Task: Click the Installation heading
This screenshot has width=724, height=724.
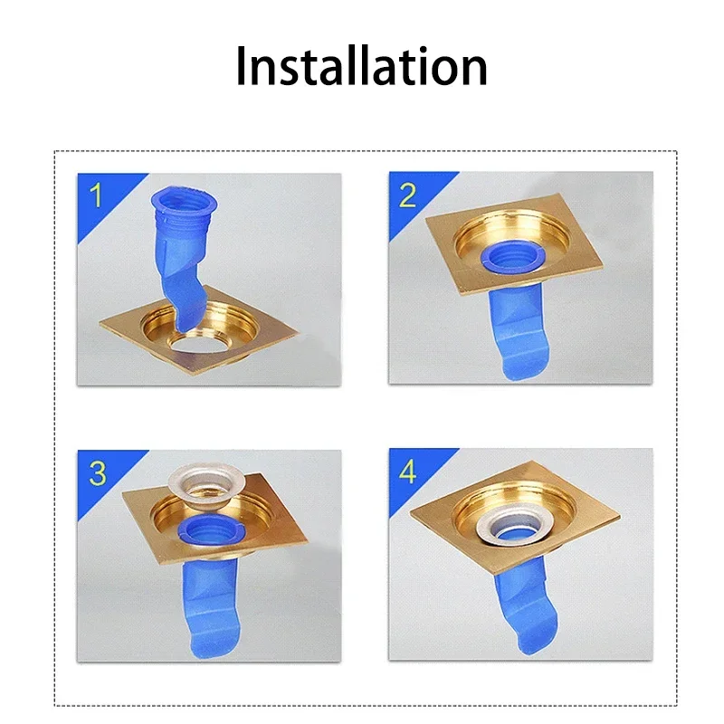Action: (361, 67)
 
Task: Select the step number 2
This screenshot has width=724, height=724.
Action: (408, 195)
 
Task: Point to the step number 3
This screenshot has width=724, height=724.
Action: (98, 472)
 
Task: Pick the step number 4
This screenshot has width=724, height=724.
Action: (409, 472)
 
